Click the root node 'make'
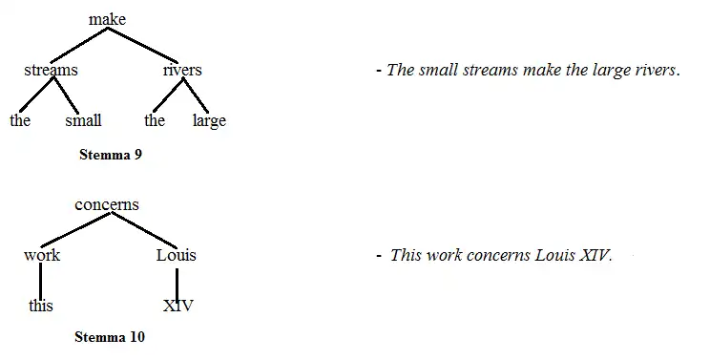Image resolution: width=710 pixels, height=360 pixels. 107,19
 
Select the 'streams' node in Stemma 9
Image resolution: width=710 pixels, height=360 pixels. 51,70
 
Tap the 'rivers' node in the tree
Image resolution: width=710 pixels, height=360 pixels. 182,70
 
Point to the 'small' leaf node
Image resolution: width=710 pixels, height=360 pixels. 83,121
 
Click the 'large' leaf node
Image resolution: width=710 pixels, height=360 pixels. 209,121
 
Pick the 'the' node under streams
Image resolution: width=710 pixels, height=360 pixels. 20,121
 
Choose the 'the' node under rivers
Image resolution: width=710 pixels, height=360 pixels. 155,121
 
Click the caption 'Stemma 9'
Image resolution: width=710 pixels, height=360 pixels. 110,155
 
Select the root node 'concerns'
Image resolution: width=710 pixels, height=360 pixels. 107,204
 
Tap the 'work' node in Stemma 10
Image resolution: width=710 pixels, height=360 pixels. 42,255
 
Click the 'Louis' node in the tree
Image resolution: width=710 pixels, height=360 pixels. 177,255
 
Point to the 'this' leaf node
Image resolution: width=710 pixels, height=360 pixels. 41,307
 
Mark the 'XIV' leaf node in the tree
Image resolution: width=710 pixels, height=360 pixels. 177,307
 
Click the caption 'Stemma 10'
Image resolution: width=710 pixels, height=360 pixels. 110,337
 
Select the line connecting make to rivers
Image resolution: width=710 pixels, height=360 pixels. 145,45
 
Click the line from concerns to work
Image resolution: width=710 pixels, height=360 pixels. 73,229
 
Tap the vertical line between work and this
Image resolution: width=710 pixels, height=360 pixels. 41,281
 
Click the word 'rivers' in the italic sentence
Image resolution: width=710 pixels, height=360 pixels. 653,71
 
